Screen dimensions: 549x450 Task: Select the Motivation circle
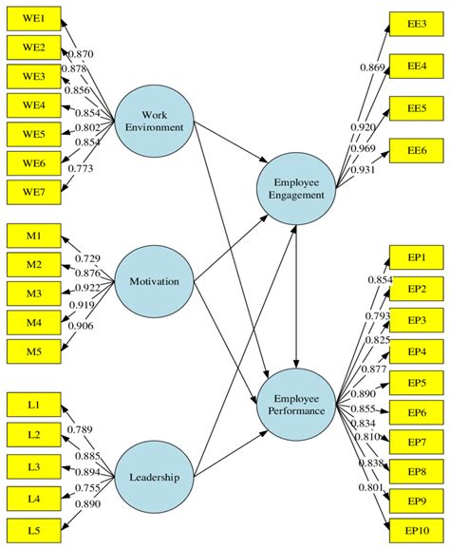(x=155, y=281)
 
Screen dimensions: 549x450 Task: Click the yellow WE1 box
(x=33, y=17)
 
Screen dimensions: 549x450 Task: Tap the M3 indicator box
(x=33, y=294)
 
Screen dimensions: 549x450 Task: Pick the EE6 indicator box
(x=417, y=151)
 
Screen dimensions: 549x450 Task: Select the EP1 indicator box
(x=417, y=256)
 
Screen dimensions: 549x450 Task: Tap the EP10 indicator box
(x=417, y=532)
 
